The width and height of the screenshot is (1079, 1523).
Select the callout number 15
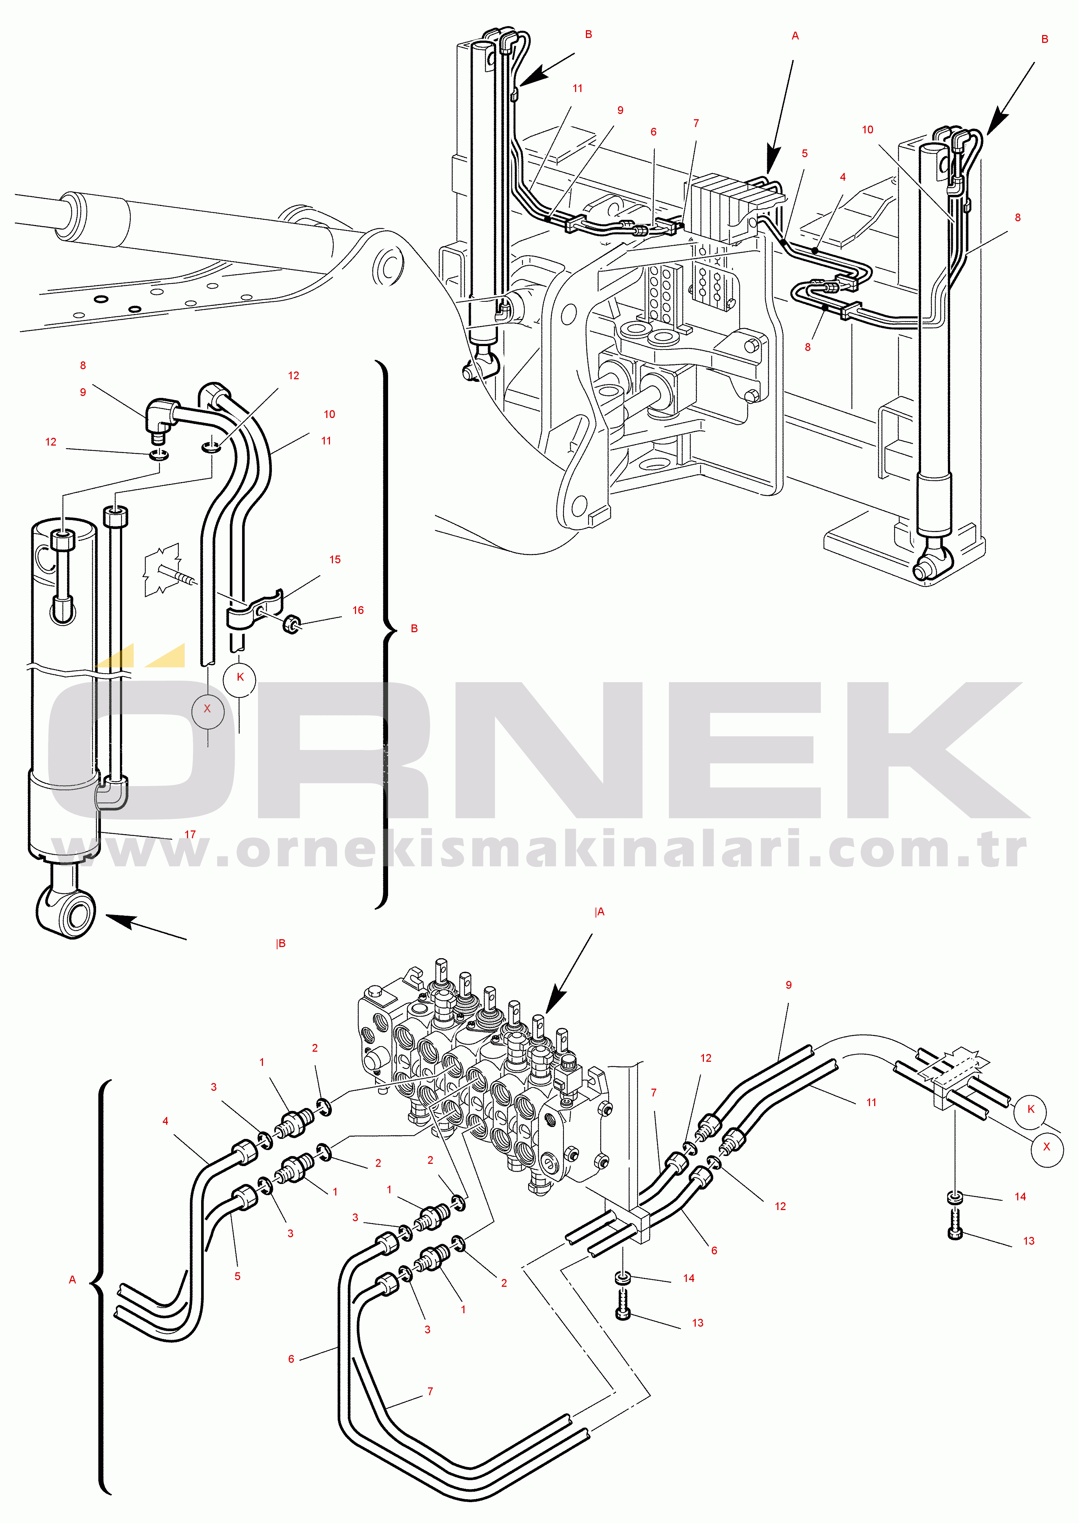tap(335, 560)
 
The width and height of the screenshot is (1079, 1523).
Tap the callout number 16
tap(358, 610)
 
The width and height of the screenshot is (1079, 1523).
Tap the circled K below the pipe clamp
tap(240, 677)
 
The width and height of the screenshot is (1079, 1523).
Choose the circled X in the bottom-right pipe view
tap(1047, 1146)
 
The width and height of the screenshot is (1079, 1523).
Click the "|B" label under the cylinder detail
tap(280, 944)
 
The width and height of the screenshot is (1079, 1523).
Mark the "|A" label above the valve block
tap(599, 912)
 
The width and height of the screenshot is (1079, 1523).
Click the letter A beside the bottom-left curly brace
tap(72, 1280)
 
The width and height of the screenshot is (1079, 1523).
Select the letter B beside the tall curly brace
tap(414, 628)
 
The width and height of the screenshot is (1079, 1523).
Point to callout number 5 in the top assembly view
tap(805, 153)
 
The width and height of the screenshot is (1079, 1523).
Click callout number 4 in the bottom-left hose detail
tap(165, 1121)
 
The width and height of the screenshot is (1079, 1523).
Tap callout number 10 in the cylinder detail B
tap(330, 414)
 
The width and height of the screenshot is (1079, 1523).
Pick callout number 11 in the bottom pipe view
tap(871, 1102)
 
